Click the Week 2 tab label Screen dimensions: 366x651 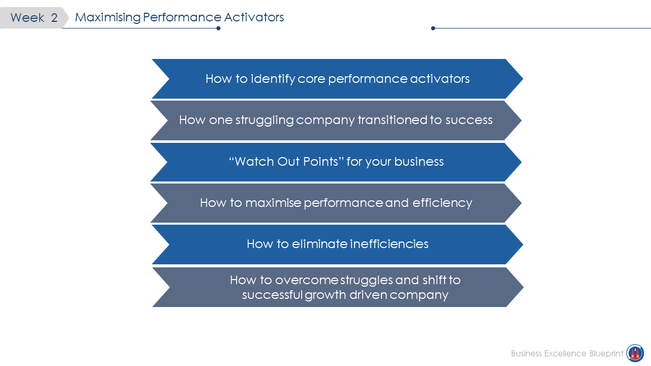(x=34, y=18)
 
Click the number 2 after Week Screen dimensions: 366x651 (x=54, y=18)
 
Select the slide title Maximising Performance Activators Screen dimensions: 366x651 (x=179, y=17)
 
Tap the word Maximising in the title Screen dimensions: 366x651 (x=107, y=17)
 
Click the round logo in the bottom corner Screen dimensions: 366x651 (x=635, y=353)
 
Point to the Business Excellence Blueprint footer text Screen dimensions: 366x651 (x=567, y=353)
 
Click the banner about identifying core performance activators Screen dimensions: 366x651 (x=337, y=79)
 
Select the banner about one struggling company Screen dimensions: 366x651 (x=336, y=120)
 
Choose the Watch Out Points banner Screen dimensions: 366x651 (x=336, y=162)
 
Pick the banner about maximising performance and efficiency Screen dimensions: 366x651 (x=336, y=203)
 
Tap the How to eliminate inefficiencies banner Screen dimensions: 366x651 (x=337, y=244)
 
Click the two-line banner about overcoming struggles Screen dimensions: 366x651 (x=338, y=287)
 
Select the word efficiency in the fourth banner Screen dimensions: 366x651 (x=442, y=203)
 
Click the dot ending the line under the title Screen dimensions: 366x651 (x=218, y=28)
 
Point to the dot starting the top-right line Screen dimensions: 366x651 (x=433, y=28)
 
